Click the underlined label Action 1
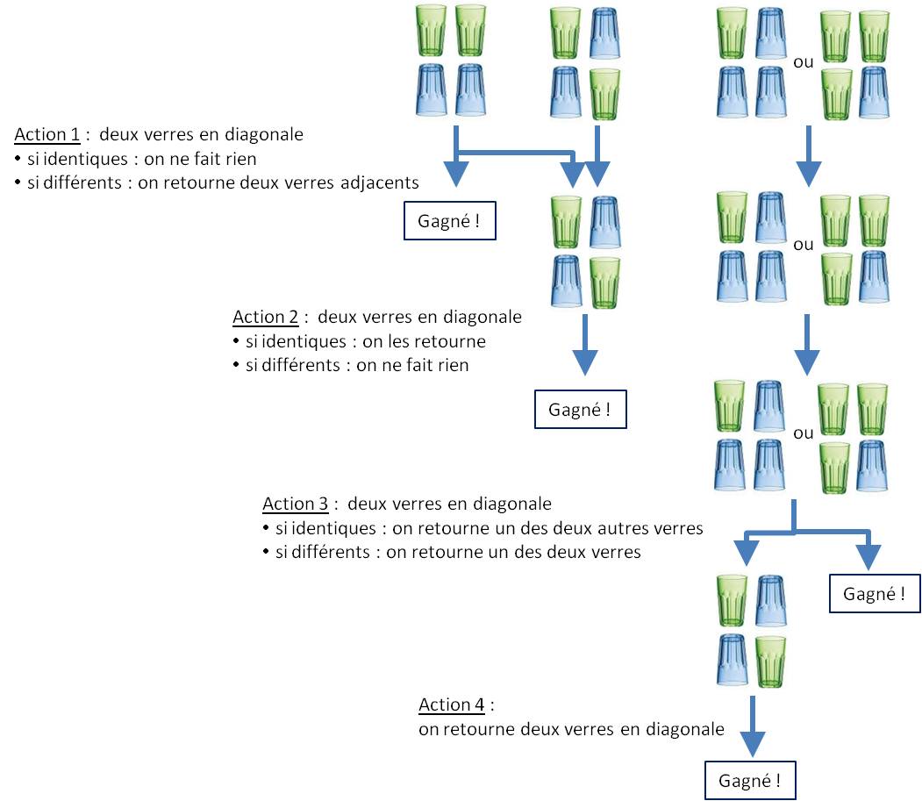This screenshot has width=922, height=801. tap(46, 135)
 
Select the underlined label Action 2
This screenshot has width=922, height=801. tap(266, 317)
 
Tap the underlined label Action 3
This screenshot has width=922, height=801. tap(296, 504)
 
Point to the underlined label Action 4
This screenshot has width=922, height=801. tap(453, 704)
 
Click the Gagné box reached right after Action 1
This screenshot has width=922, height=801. tap(450, 221)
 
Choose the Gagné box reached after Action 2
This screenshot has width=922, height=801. tap(581, 410)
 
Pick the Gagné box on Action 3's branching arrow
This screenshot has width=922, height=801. tap(875, 594)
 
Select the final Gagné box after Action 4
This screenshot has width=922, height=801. tap(750, 780)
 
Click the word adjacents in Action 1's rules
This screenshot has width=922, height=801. tap(380, 182)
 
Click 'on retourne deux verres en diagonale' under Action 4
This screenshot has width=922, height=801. tap(572, 728)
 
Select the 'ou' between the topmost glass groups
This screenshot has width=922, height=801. tap(802, 63)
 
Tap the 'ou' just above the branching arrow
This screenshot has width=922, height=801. tap(802, 433)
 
